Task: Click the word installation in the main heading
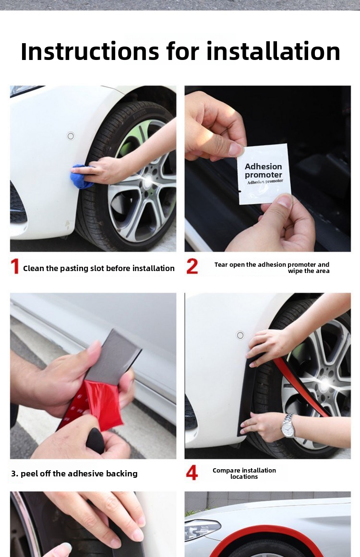coord(273,51)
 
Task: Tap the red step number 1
coord(15,267)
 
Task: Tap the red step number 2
coord(192,266)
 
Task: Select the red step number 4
coord(192,473)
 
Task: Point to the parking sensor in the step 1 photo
coord(71,136)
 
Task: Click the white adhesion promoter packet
coord(264,174)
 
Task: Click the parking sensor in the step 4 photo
coord(239,335)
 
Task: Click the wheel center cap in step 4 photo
coord(326,384)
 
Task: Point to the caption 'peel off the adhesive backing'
coord(74,474)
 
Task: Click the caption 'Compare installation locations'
coord(244,474)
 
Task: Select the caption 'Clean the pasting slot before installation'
coord(99,268)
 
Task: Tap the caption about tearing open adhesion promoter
coord(272,268)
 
